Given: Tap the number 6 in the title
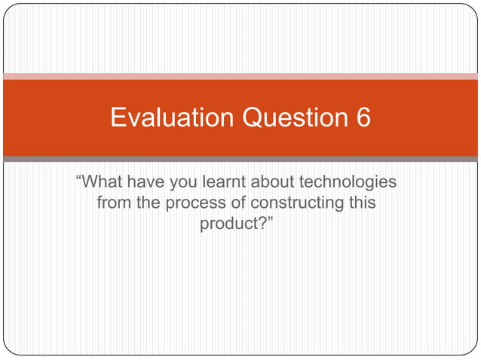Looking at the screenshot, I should (x=362, y=118).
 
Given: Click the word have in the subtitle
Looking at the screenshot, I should (x=143, y=182).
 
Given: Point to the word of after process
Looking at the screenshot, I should (x=238, y=203).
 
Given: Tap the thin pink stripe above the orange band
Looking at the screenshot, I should (x=240, y=76).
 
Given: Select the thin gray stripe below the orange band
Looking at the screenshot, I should (x=240, y=159).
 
